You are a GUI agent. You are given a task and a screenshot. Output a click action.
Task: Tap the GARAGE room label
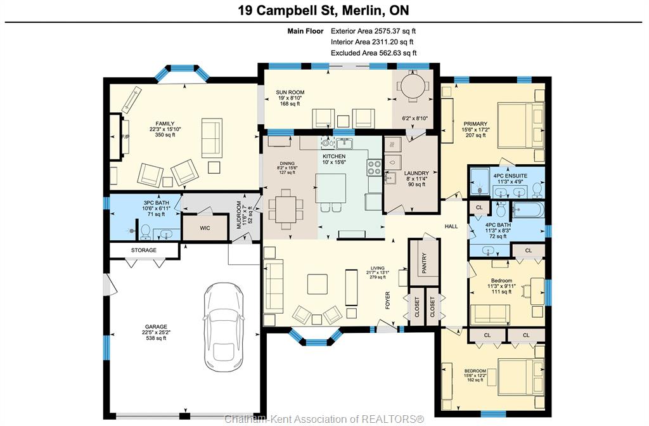(156, 326)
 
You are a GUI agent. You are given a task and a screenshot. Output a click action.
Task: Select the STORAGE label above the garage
(144, 250)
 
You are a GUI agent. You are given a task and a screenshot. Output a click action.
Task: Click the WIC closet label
(205, 228)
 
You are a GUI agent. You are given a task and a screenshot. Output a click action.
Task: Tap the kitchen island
(331, 188)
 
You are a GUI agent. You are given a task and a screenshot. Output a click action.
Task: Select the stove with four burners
(374, 167)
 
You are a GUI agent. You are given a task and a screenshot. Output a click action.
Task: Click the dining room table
(286, 209)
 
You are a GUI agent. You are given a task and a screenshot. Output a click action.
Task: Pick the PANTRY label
(424, 263)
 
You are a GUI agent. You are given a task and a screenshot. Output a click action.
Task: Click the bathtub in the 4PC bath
(528, 210)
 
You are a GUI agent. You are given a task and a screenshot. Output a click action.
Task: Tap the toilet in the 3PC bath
(146, 232)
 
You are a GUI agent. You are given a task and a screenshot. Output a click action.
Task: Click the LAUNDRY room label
(416, 173)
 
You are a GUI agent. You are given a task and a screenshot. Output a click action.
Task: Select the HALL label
(451, 226)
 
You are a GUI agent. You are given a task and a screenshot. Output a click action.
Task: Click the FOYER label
(388, 300)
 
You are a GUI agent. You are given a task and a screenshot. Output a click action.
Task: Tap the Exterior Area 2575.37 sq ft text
(373, 30)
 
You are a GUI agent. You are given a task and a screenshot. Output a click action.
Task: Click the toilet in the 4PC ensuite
(537, 190)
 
